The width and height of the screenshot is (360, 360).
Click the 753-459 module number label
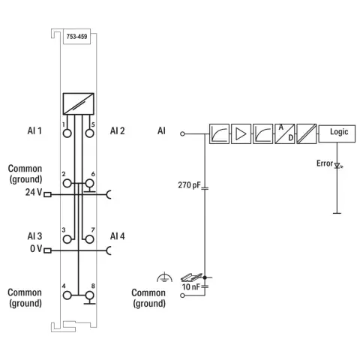point(76,37)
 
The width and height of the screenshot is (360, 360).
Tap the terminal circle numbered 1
point(67,133)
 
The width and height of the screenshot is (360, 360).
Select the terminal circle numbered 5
point(89,133)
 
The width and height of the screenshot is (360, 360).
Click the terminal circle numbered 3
point(67,239)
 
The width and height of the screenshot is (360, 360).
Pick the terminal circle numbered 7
point(89,239)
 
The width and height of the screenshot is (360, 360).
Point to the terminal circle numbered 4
point(67,295)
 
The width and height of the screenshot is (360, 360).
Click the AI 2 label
point(117,130)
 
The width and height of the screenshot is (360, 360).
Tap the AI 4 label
point(117,236)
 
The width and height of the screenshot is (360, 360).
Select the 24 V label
point(34,192)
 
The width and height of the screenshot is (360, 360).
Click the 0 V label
point(36,248)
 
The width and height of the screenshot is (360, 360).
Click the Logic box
point(337,133)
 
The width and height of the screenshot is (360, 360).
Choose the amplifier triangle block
point(241,133)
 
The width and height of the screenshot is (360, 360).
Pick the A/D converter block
point(285,133)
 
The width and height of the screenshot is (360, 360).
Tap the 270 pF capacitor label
point(189,185)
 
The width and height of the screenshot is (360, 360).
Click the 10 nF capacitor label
point(191,286)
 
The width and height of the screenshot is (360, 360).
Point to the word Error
point(325,163)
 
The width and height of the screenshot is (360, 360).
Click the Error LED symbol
point(338,166)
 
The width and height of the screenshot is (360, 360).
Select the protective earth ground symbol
point(164,277)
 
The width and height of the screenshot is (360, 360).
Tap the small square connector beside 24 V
point(47,194)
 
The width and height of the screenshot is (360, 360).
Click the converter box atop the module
point(79,103)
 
